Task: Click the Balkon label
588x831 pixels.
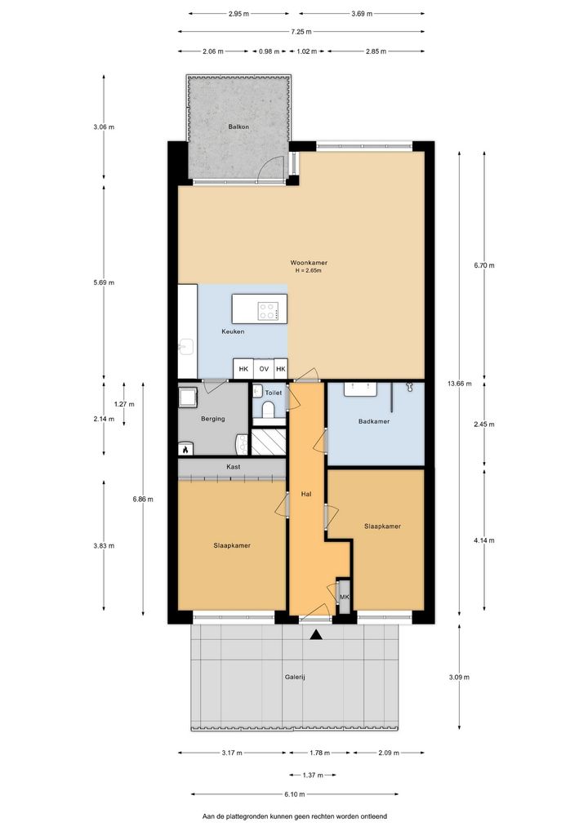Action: tap(238, 127)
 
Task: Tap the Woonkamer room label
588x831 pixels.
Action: tap(309, 262)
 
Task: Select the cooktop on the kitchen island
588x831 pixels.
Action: tap(268, 310)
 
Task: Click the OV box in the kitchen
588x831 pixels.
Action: tap(264, 369)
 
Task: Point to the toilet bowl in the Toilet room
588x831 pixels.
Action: tap(268, 410)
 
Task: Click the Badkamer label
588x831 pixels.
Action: tap(374, 421)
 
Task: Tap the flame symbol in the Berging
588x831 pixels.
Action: tap(185, 450)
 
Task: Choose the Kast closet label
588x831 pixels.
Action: tap(234, 466)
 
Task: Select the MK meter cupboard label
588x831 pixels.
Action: tap(344, 597)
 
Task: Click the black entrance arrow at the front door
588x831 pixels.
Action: tap(317, 634)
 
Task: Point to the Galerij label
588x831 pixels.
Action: tap(295, 677)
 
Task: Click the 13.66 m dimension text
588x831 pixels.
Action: tap(459, 384)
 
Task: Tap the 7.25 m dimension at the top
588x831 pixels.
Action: tap(301, 32)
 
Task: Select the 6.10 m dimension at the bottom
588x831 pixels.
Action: tap(295, 794)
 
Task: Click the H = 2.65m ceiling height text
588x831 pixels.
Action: tap(309, 270)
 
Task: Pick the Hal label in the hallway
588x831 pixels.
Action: tap(306, 494)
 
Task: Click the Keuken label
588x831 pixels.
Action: tap(233, 331)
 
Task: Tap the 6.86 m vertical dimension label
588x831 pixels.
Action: tap(143, 499)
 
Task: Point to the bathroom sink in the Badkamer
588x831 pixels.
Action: tap(360, 389)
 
